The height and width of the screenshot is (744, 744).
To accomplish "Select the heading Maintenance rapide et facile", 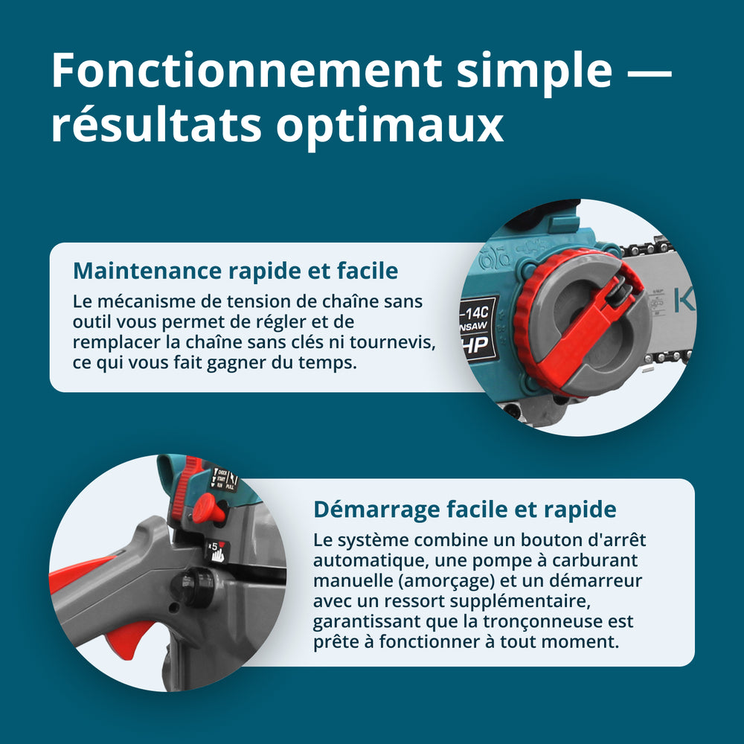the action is click(x=235, y=271).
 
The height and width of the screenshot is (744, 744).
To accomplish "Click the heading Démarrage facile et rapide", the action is click(x=464, y=510).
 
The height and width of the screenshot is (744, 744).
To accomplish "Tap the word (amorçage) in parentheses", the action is click(x=442, y=581).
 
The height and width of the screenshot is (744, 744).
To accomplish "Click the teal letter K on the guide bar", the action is click(x=684, y=300).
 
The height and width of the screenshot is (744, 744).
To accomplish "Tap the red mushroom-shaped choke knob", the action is click(x=208, y=509).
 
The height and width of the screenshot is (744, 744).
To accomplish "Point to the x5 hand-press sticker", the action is click(x=217, y=551).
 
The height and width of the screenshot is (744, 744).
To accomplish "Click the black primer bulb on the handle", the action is click(x=196, y=586).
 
